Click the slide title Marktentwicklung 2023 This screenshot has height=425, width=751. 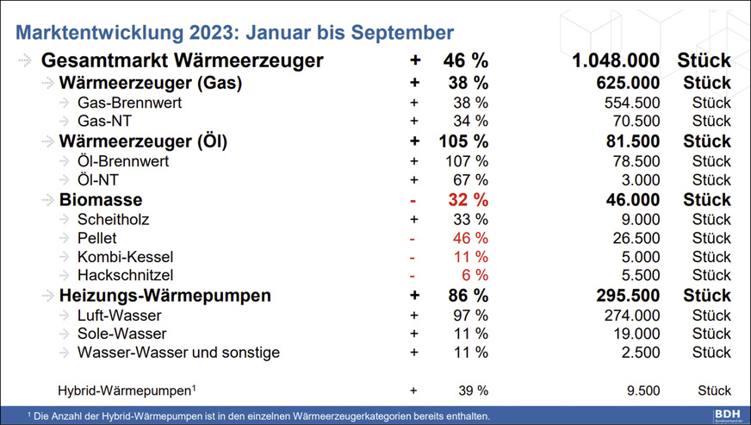(x=235, y=33)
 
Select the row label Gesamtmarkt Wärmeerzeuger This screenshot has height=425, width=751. (x=183, y=61)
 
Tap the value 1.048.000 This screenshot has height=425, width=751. (x=616, y=61)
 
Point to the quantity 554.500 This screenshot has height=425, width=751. (x=629, y=103)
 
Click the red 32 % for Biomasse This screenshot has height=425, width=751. (x=469, y=200)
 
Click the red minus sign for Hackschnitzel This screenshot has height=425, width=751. (x=413, y=276)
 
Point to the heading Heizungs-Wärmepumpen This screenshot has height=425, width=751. (x=165, y=296)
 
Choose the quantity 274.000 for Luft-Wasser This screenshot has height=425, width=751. (x=629, y=315)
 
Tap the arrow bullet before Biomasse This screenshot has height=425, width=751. (x=44, y=200)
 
